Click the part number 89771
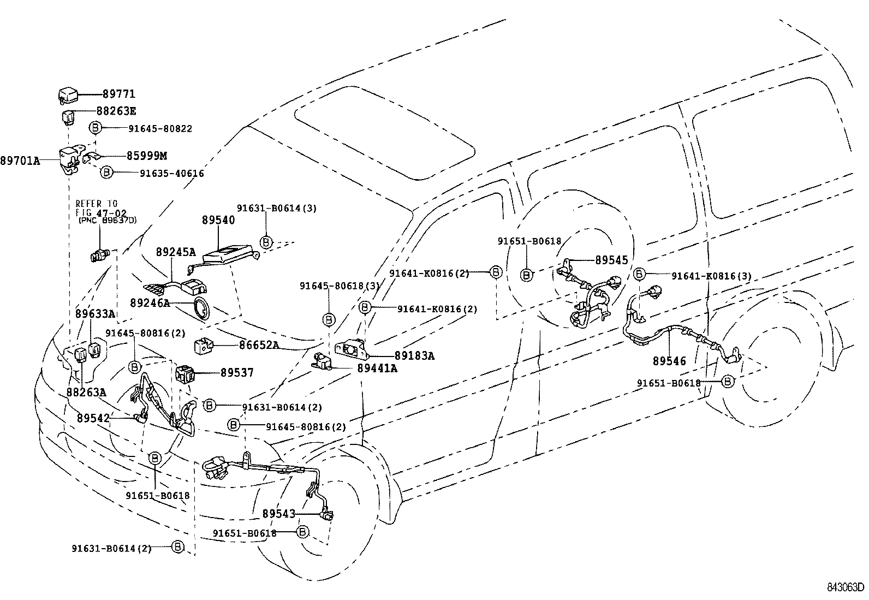118,94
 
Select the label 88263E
116,111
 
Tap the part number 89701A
20,161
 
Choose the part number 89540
218,220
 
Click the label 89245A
175,252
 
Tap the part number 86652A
259,345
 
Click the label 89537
237,373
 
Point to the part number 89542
93,419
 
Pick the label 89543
278,514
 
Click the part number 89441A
377,369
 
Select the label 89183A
414,356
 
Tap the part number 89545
611,261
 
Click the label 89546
669,361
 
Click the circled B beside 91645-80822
96,128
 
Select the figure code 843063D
845,587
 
